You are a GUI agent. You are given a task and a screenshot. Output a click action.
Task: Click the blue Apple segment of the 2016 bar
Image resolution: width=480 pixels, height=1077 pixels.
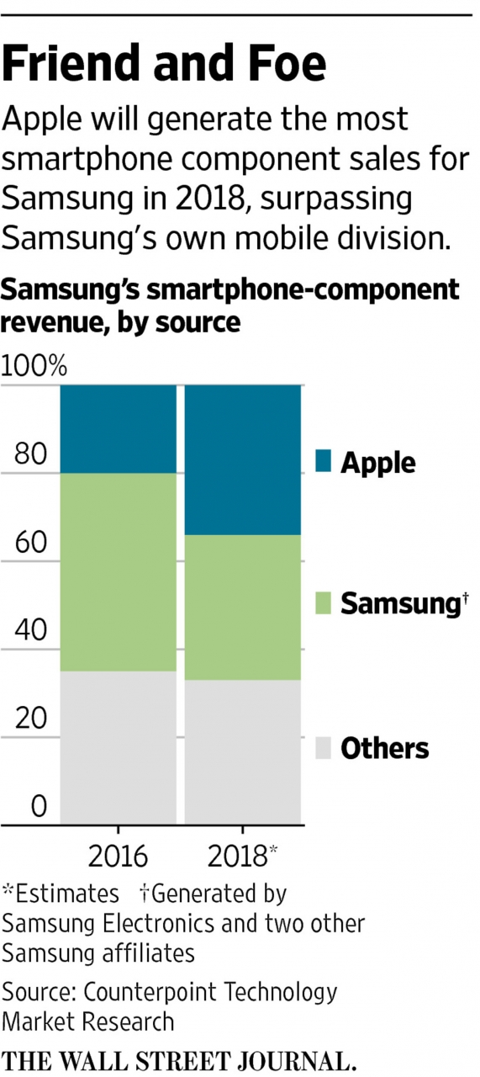point(118,429)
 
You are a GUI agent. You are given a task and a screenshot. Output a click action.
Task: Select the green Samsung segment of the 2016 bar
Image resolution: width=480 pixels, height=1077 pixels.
point(118,571)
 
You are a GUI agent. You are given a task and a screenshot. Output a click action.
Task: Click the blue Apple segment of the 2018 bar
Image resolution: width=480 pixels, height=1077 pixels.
point(243,459)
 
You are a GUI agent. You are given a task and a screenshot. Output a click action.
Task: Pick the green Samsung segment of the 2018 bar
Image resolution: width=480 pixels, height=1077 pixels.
point(243,607)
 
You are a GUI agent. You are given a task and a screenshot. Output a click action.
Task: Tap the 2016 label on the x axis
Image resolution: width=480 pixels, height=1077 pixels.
point(118,857)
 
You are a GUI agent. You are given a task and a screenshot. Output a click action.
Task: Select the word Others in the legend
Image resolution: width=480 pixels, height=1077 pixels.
point(384,748)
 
